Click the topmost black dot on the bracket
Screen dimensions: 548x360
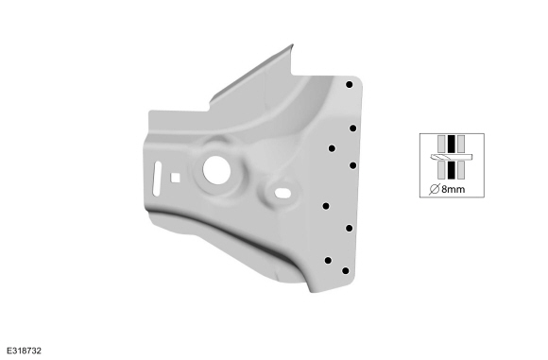click(x=350, y=84)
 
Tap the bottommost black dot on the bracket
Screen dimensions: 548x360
click(x=345, y=270)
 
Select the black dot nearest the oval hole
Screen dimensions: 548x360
click(x=326, y=206)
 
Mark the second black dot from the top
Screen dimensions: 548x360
click(x=353, y=129)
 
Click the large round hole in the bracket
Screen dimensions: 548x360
click(x=216, y=170)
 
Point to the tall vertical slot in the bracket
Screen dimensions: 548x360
click(x=157, y=179)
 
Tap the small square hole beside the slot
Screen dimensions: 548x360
click(x=175, y=178)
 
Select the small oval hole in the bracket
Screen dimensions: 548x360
click(x=283, y=193)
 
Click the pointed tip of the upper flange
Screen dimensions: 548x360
click(x=293, y=44)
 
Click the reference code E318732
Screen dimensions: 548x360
click(x=25, y=351)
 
